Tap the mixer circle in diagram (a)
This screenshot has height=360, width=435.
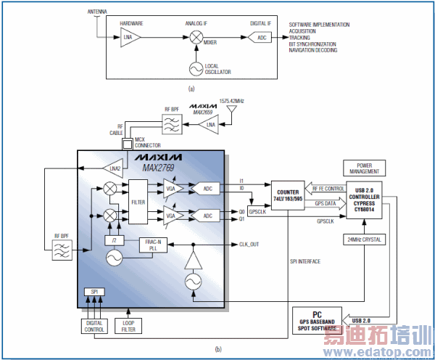[x=196, y=37]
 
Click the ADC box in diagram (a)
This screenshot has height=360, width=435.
[x=262, y=37]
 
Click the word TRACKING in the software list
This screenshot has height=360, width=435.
[x=299, y=37]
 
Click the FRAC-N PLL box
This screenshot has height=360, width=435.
[x=153, y=245]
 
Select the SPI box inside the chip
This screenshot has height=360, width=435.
[x=94, y=290]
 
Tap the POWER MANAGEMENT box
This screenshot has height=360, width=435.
[x=365, y=168]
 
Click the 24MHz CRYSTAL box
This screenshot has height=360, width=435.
[x=365, y=240]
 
